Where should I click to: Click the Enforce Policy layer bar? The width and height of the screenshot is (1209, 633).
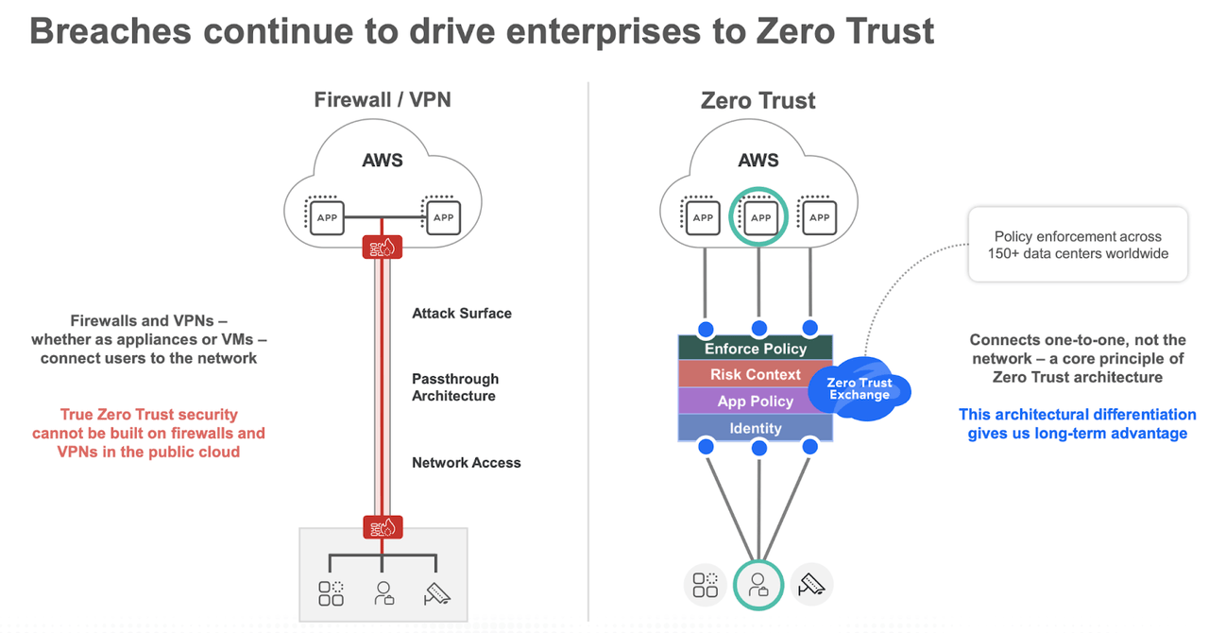point(756,349)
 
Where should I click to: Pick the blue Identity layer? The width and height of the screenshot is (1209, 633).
point(755,428)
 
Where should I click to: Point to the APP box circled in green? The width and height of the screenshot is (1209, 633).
point(760,216)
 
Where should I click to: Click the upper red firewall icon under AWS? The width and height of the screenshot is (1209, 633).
point(383,248)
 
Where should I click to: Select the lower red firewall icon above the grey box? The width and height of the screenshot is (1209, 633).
point(383,527)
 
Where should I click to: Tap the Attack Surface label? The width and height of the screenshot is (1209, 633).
point(462,313)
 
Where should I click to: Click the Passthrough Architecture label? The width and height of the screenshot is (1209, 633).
point(455,387)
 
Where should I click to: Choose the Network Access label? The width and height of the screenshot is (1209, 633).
point(467,463)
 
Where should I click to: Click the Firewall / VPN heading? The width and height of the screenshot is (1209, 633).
point(383,99)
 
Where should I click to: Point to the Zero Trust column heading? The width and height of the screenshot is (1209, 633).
point(758,100)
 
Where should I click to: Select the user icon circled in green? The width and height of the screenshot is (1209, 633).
point(758,585)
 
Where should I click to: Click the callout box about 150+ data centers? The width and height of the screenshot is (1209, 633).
point(1078,245)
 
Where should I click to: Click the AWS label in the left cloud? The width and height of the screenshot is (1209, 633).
point(383,160)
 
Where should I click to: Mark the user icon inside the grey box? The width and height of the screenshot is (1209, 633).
point(383,593)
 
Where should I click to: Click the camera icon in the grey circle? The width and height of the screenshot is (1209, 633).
point(812,585)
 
